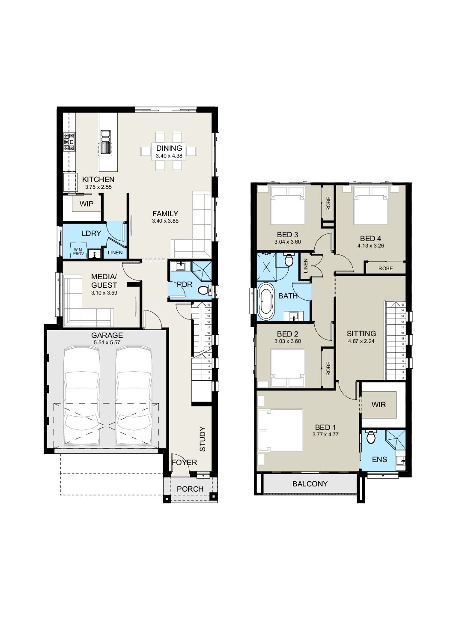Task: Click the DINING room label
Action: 169,148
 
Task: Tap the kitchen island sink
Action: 106,142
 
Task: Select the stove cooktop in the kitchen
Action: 69,141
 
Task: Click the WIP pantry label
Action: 86,204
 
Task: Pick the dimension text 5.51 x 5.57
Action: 107,343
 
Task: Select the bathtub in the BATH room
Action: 266,301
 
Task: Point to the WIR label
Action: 378,405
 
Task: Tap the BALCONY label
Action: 310,484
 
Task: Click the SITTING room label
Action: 361,334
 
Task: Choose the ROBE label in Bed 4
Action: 385,268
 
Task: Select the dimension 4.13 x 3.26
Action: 371,245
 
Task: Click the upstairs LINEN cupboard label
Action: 306,266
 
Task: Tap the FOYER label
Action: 185,462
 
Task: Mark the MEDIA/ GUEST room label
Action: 104,281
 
